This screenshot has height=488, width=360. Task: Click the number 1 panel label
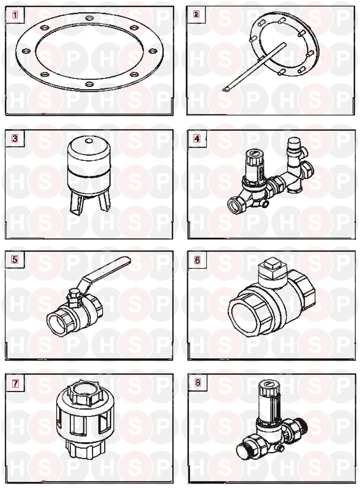15,15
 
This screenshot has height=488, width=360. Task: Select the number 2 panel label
196,14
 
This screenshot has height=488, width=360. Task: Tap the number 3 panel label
15,138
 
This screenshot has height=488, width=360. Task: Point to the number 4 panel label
197,138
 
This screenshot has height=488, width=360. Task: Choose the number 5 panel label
15,259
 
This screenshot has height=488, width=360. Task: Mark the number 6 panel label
197,260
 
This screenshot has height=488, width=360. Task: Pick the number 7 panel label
15,384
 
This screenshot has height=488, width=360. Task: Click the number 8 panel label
198,383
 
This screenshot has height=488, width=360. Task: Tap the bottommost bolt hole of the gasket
89,84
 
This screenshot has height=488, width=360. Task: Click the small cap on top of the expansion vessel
89,141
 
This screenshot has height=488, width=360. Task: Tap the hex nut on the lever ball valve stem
73,293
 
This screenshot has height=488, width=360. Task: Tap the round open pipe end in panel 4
234,205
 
